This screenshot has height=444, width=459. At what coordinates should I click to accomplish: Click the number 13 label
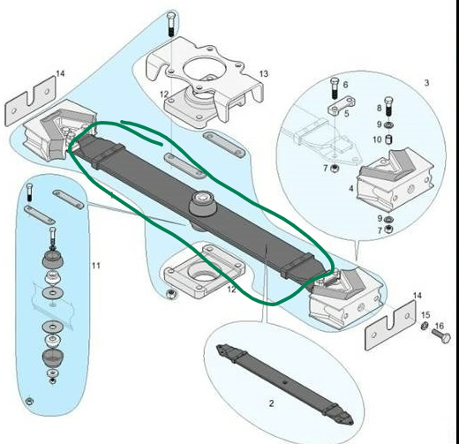[x=264, y=73]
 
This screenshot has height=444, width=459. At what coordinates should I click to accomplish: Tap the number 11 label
[x=96, y=266]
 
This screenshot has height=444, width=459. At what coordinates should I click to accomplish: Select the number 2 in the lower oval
[x=271, y=403]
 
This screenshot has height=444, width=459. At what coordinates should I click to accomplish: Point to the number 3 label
[x=426, y=83]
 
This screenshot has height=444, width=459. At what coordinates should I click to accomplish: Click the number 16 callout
[x=439, y=326]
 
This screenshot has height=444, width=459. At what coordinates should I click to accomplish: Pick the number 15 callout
[x=425, y=315]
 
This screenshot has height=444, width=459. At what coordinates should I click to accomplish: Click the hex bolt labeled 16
[x=441, y=335]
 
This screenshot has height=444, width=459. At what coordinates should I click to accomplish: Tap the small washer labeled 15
[x=425, y=326]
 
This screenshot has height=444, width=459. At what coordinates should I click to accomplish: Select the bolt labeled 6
[x=335, y=88]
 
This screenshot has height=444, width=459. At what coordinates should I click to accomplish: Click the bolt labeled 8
[x=389, y=107]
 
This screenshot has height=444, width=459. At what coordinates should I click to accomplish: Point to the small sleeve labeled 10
[x=388, y=139]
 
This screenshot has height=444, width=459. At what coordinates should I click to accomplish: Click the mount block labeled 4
[x=395, y=179]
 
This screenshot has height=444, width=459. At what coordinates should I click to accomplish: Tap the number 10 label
[x=377, y=139]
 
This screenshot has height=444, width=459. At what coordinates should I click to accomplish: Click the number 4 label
[x=351, y=188]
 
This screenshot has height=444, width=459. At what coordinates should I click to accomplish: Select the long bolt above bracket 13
[x=171, y=25]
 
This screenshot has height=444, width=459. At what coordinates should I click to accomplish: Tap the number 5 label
[x=347, y=113]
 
